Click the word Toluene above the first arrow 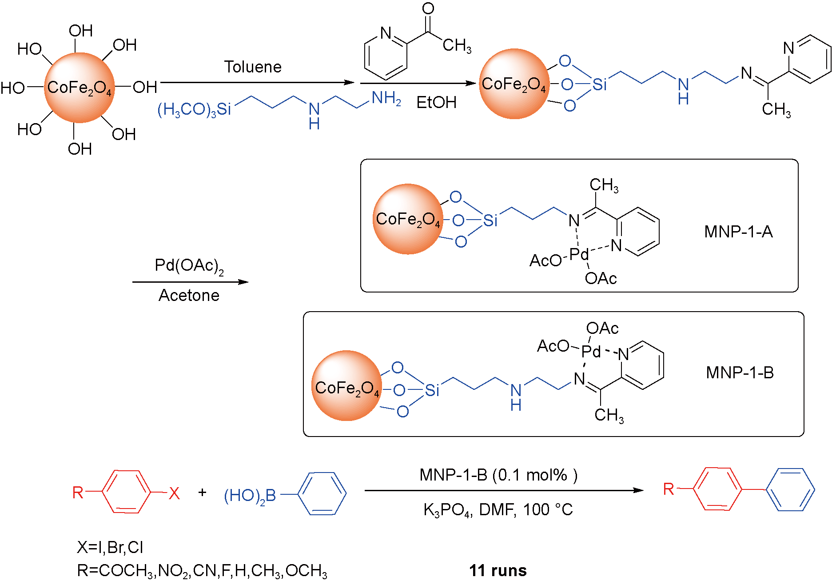click(x=253, y=67)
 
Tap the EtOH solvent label click(x=436, y=103)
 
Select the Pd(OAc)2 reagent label click(x=189, y=266)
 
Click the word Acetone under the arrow click(x=189, y=296)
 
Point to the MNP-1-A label click(x=738, y=232)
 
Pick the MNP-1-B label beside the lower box click(x=740, y=373)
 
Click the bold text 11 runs click(x=498, y=570)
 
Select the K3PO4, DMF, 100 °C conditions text click(x=498, y=510)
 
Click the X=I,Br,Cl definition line click(x=110, y=547)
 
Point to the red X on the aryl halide click(x=174, y=493)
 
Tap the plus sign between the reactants click(x=202, y=493)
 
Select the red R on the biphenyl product click(x=668, y=489)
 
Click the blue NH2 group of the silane click(x=386, y=98)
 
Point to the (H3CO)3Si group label click(x=195, y=109)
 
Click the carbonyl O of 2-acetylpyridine click(x=428, y=8)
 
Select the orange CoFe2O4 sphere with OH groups click(x=79, y=88)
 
